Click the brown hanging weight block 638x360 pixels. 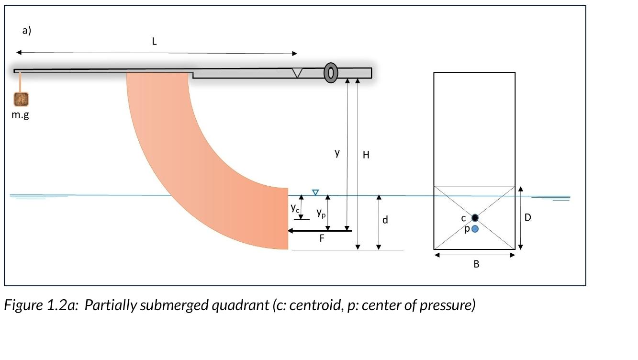coord(21,99)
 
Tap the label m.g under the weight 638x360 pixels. coord(20,115)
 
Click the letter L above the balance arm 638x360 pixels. coord(154,42)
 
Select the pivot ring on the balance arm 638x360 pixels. coord(331,72)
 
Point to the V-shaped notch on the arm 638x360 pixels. coord(297,73)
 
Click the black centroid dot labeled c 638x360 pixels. coord(475,218)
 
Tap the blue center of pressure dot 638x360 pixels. coord(475,229)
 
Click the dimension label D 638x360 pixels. coord(527,217)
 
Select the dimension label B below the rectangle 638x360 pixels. coord(476,264)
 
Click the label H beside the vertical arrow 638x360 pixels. coord(366,155)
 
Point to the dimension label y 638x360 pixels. coord(337,153)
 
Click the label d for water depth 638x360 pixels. coord(385,220)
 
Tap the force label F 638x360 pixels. coord(322,238)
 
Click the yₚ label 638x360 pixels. coord(321,213)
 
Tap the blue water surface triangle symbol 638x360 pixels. coord(315,192)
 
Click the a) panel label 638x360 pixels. coord(27,31)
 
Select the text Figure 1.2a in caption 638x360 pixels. coord(41,305)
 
